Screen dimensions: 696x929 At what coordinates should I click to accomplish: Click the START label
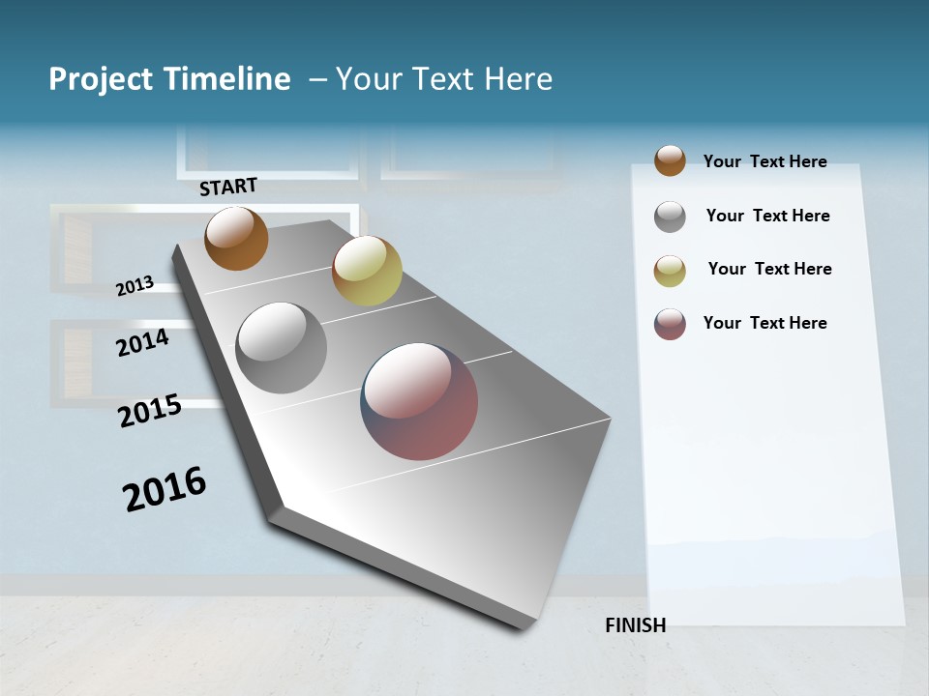tap(228, 187)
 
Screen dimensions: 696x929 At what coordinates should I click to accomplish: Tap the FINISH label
tap(635, 625)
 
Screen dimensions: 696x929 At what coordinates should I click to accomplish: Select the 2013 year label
tap(135, 286)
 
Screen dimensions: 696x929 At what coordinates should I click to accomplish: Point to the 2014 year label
tap(142, 343)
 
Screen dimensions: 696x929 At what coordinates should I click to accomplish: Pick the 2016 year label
tap(165, 489)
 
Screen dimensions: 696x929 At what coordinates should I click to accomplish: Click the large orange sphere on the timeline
tap(236, 238)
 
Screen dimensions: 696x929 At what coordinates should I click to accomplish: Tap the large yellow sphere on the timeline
tap(367, 271)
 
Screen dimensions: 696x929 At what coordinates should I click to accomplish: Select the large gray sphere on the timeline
tap(282, 348)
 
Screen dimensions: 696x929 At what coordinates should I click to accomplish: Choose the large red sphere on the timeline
tap(419, 401)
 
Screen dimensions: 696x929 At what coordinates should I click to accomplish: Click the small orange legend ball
tap(670, 160)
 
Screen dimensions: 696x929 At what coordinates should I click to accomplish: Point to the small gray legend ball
tap(670, 217)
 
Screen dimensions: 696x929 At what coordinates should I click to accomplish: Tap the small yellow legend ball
tap(670, 271)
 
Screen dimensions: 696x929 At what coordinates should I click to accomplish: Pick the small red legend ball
tap(670, 324)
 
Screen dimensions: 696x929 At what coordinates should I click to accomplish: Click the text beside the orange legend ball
tap(764, 161)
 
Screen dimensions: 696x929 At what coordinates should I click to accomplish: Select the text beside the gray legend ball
tap(767, 216)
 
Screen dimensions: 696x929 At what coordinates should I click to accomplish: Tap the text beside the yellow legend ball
tap(769, 269)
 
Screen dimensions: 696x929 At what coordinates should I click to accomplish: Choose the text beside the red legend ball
tap(764, 323)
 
